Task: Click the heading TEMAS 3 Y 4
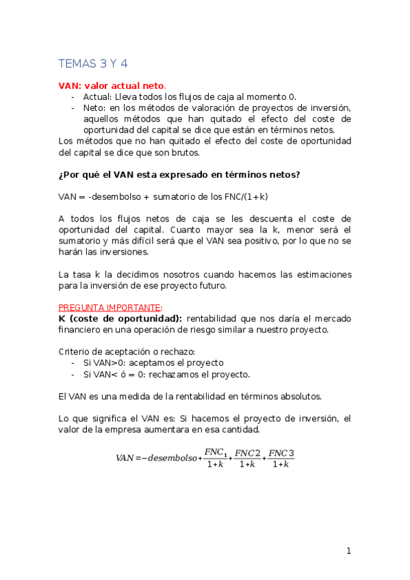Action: coord(93,64)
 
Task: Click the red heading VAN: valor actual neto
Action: coord(112,85)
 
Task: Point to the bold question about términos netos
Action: coord(179,174)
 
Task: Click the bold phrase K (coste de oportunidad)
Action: coord(120,318)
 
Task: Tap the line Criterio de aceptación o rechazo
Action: coord(122,352)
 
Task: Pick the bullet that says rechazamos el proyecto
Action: coord(166,374)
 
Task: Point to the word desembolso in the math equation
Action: coord(169,458)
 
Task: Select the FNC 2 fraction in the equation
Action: coord(246,458)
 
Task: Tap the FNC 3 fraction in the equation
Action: coord(280,458)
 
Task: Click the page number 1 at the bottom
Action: coord(348,551)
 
